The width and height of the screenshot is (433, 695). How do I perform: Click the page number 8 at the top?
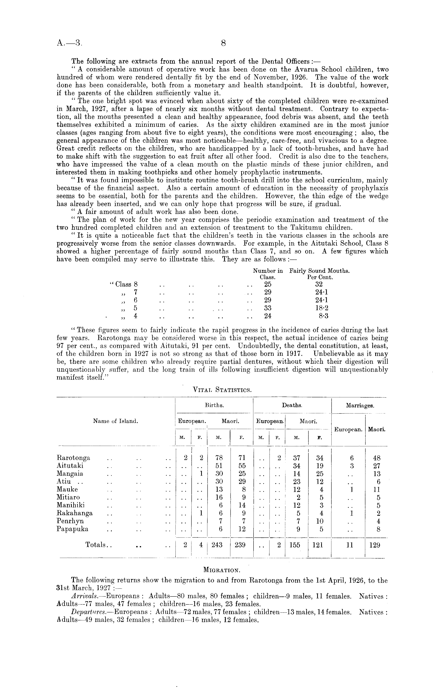pos(224,43)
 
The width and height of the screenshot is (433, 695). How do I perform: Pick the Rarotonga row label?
pos(73,458)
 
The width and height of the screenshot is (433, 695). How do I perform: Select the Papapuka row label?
pos(73,529)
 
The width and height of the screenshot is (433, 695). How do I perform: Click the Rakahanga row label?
pos(75,513)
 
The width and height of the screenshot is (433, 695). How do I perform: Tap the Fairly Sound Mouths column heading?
pos(320,271)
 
